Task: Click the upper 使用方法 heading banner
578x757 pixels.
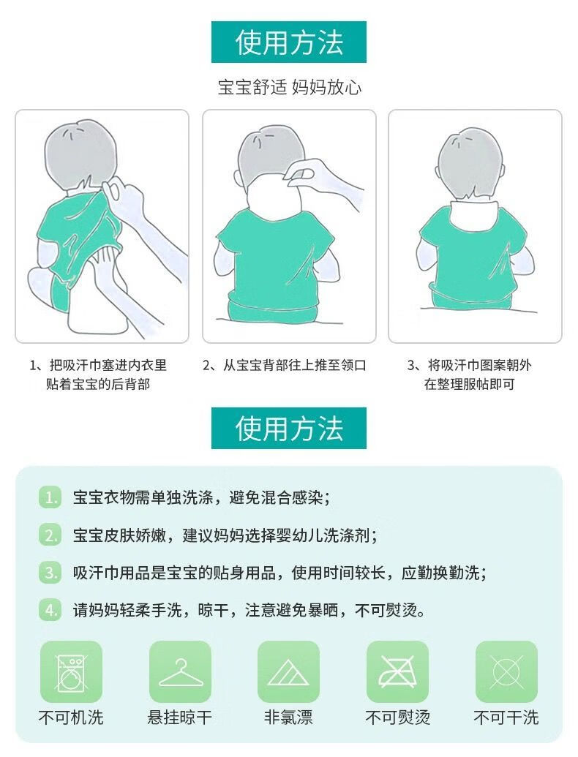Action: pyautogui.click(x=289, y=42)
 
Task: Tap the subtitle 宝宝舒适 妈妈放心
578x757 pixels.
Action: pyautogui.click(x=289, y=87)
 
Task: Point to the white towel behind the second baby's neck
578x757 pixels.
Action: pyautogui.click(x=274, y=195)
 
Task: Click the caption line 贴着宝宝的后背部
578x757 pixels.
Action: pyautogui.click(x=98, y=384)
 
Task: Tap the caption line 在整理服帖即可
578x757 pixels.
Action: pyautogui.click(x=470, y=384)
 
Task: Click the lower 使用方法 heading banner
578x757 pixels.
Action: pyautogui.click(x=289, y=428)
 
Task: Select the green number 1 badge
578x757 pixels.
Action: pyautogui.click(x=50, y=497)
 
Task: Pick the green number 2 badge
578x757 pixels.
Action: pyautogui.click(x=50, y=535)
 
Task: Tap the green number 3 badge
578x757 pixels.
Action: pyautogui.click(x=50, y=573)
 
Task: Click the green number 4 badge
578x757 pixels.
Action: pyautogui.click(x=50, y=611)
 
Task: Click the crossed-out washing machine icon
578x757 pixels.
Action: pyautogui.click(x=71, y=671)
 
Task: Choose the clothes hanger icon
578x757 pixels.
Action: pyautogui.click(x=180, y=671)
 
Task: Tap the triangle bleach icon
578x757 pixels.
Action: pyautogui.click(x=288, y=671)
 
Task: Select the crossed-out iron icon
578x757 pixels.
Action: pyautogui.click(x=397, y=671)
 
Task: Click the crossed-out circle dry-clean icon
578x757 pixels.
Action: pyautogui.click(x=506, y=671)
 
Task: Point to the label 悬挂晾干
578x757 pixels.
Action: pyautogui.click(x=180, y=718)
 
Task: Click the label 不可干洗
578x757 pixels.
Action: pyautogui.click(x=506, y=718)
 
